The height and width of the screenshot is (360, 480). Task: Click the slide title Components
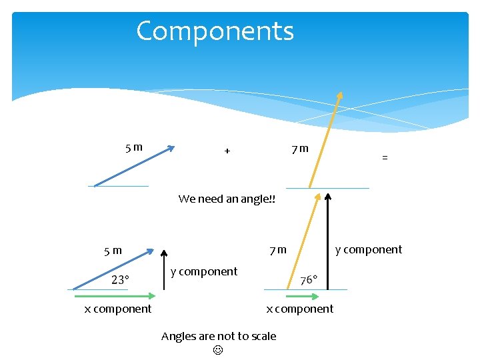(x=215, y=31)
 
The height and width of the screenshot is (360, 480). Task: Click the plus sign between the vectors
(x=227, y=151)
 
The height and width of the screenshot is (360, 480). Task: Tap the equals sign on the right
(x=385, y=158)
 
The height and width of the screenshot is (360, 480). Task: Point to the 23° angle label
(x=120, y=280)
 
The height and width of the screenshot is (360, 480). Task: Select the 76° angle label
(x=309, y=280)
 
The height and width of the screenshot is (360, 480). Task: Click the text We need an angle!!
(x=227, y=199)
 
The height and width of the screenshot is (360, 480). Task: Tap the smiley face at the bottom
(x=218, y=350)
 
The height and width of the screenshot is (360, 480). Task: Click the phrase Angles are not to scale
(x=218, y=336)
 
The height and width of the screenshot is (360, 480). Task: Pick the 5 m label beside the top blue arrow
(x=134, y=147)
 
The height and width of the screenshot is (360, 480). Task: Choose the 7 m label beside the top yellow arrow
(x=299, y=148)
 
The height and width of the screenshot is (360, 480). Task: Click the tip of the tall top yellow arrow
(x=340, y=93)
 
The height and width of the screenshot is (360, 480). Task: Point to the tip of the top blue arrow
(x=173, y=148)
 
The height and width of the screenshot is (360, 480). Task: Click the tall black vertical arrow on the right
(x=328, y=240)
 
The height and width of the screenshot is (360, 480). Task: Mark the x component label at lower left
(x=118, y=309)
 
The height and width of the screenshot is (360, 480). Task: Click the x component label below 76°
(x=300, y=309)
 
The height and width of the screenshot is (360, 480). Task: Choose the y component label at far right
(x=369, y=249)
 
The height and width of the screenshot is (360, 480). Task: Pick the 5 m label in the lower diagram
(x=113, y=251)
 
